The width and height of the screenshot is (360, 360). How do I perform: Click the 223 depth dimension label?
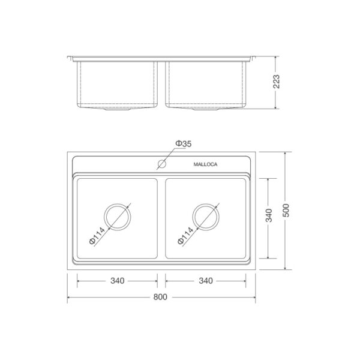[x=276, y=82]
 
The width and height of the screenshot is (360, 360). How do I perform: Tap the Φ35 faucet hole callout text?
[x=183, y=144]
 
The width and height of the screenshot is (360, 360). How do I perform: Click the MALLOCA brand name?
[x=205, y=164]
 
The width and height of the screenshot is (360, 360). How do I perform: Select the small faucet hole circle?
[x=162, y=164]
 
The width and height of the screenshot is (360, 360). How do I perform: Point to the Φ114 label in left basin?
[x=97, y=236]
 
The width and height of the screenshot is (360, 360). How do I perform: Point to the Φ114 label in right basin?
[x=185, y=236]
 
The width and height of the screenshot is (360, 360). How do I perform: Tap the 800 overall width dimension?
[x=160, y=297]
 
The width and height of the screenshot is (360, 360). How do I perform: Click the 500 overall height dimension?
[x=286, y=211]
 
